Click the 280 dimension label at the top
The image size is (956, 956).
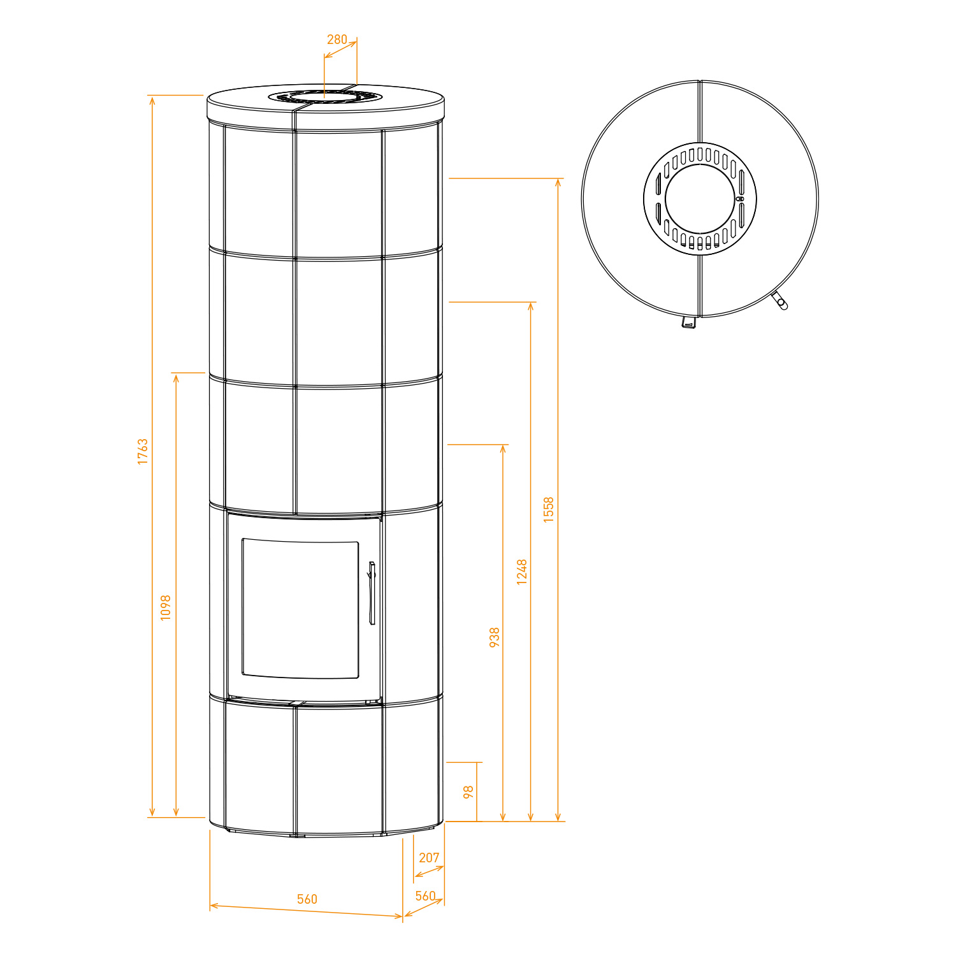click(x=337, y=40)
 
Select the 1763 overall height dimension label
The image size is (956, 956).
click(x=143, y=451)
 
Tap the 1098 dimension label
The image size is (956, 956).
click(x=166, y=607)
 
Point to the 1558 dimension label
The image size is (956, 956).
click(x=549, y=510)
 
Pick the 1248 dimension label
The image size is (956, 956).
click(x=522, y=572)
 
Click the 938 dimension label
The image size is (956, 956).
click(x=495, y=637)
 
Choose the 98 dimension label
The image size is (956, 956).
click(x=468, y=792)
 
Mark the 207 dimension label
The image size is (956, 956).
click(x=429, y=858)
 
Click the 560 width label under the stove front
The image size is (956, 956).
click(x=307, y=899)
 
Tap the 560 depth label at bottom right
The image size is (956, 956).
click(x=425, y=896)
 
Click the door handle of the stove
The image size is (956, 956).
click(x=372, y=593)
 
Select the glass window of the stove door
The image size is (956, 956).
click(x=300, y=609)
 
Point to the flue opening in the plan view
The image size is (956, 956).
click(x=700, y=198)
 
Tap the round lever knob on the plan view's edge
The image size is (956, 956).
click(x=782, y=304)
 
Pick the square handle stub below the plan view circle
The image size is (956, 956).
click(x=688, y=322)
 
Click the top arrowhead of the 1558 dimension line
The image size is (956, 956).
click(x=558, y=182)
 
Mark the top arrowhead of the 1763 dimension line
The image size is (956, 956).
click(x=152, y=99)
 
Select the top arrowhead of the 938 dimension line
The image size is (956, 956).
click(x=503, y=448)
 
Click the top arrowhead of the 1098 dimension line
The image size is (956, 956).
click(x=176, y=377)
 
